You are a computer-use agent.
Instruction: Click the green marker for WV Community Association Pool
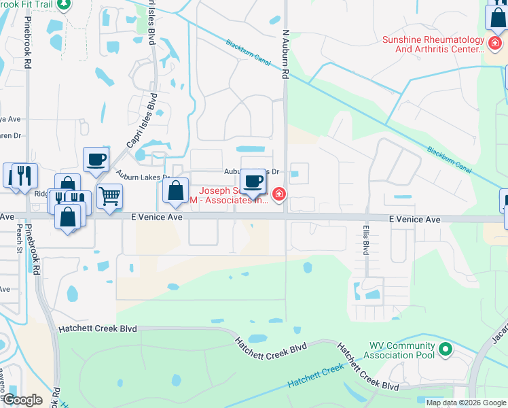coord(445,350)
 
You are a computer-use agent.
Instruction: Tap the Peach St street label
coord(20,240)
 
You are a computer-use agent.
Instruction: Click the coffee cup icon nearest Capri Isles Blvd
coord(96,160)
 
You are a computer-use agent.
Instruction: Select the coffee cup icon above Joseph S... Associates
coord(253,182)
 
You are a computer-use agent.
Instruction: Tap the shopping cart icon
coord(109,197)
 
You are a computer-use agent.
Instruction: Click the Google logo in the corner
coord(22,400)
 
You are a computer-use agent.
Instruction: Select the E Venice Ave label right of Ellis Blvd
coord(414,220)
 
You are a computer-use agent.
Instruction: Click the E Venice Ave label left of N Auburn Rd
coord(157,217)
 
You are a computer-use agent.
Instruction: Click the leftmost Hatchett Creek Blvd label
coord(98,328)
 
